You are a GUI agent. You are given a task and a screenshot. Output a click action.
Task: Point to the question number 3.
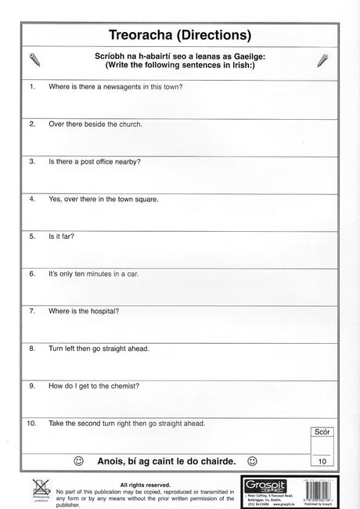click(x=32, y=161)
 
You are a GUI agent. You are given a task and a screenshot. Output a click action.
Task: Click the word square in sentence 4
click(x=146, y=199)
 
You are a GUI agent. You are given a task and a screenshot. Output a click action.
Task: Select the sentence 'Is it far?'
click(x=63, y=236)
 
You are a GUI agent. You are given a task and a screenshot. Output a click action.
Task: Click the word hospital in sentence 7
click(x=102, y=311)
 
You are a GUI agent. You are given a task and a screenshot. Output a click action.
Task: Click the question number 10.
click(x=31, y=424)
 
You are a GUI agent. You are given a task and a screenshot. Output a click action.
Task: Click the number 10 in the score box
click(x=321, y=462)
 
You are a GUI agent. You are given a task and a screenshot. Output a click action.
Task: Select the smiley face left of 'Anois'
click(x=78, y=460)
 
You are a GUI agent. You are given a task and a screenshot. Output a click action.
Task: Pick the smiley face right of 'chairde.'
click(x=252, y=460)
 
